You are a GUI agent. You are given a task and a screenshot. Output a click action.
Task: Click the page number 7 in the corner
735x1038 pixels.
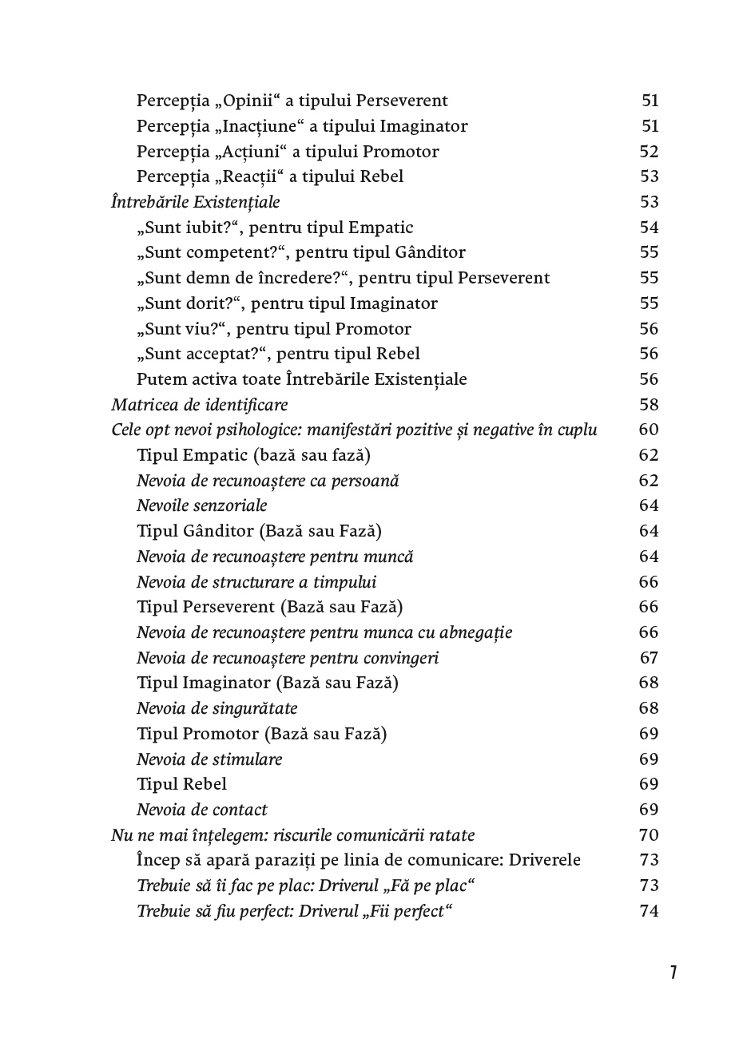(673, 973)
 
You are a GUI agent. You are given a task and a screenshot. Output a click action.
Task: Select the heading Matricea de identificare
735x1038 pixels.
(199, 405)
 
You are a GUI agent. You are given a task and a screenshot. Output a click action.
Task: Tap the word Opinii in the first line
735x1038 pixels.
(249, 101)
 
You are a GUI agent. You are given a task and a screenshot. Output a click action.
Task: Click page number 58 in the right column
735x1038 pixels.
(649, 405)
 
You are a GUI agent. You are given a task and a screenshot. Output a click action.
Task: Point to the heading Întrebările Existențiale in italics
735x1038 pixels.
(195, 202)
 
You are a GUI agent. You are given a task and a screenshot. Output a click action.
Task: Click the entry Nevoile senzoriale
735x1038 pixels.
(201, 505)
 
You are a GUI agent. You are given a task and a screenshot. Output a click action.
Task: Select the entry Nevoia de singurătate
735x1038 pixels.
(217, 708)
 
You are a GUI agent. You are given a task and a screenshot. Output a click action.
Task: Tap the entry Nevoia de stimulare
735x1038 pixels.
(209, 759)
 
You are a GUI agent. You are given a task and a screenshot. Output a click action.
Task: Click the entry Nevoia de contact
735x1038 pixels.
(201, 810)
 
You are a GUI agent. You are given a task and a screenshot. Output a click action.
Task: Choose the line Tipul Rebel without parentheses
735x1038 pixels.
(181, 784)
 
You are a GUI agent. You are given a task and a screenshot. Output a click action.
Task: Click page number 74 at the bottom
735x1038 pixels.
(649, 911)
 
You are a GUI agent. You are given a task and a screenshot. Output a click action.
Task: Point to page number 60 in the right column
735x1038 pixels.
(649, 430)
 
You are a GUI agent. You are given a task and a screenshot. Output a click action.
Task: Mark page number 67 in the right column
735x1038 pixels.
(649, 658)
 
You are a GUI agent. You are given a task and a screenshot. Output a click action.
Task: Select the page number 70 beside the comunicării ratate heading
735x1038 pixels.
(649, 835)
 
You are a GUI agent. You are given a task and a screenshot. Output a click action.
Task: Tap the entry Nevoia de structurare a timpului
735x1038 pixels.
(256, 582)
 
